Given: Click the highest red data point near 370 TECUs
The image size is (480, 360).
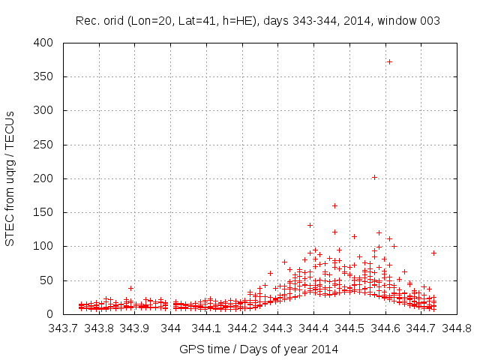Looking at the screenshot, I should pos(389,61).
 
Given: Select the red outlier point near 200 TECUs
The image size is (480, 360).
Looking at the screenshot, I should pos(374,178).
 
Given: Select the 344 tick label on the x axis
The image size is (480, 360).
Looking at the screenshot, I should pos(171,328).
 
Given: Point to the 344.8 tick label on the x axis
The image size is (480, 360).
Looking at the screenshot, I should pos(457,328).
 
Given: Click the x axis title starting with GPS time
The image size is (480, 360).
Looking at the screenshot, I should pos(259,349).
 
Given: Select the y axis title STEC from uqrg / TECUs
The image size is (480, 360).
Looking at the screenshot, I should pos(10,178).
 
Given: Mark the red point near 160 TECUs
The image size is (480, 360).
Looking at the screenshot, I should pos(334,205).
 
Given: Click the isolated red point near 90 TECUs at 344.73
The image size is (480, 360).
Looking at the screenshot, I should pos(433,253).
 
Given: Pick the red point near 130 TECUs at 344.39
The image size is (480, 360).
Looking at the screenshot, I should pos(310,225).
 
